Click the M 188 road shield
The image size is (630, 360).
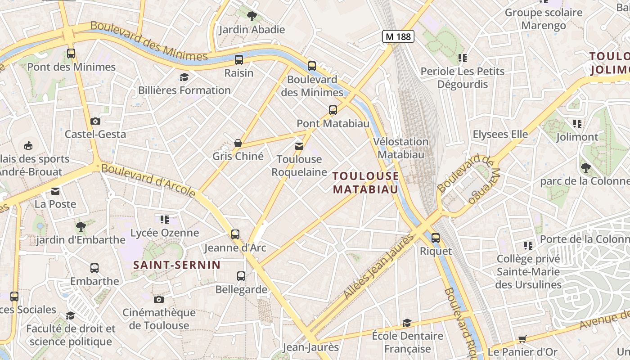point(398,36)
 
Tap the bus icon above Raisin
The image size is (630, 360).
point(239,59)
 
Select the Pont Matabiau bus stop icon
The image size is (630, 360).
point(333,110)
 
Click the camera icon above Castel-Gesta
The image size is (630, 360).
point(95,121)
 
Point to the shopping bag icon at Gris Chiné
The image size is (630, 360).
point(238,143)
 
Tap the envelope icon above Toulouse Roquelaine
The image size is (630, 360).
point(299,146)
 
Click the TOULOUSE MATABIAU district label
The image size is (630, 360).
point(366,182)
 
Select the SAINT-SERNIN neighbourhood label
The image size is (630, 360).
point(177,265)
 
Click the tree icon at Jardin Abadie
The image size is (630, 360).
point(252,17)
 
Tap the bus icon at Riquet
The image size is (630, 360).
point(435,238)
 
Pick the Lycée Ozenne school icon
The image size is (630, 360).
point(165,220)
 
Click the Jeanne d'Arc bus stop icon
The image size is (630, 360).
point(235,234)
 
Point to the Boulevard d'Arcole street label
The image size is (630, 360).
point(148,180)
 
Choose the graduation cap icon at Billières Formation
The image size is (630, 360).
point(184,77)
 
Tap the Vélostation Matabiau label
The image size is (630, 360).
point(401,148)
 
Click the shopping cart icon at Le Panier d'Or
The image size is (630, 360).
point(522,339)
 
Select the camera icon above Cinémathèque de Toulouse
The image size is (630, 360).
point(158,299)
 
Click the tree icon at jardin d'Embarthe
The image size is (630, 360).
point(81,226)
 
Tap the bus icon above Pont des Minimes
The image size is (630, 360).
point(71,54)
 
